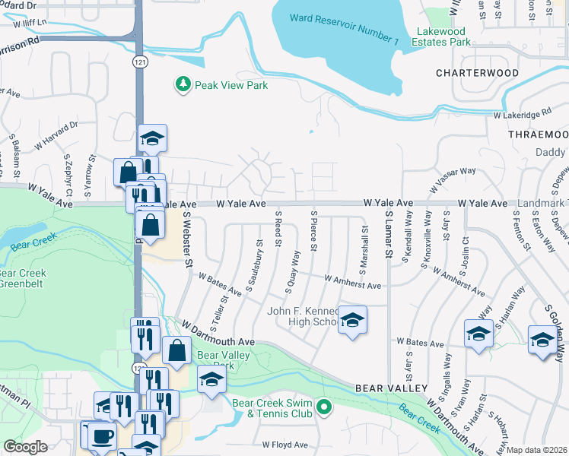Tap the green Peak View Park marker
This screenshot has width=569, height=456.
click(183, 85)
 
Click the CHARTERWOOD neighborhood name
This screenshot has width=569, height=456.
click(477, 74)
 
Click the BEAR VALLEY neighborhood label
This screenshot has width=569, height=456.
click(390, 388)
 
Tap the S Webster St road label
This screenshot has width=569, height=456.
click(187, 239)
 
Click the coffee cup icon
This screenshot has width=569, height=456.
click(101, 436)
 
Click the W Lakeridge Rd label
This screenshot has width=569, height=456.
click(522, 115)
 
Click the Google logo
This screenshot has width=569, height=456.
click(25, 446)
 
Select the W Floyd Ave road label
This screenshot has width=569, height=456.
click(285, 445)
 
